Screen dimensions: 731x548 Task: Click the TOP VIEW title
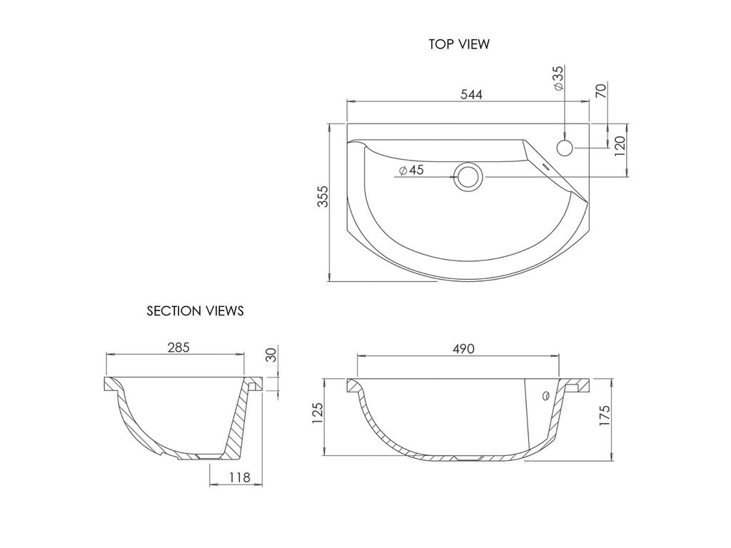[x=459, y=44]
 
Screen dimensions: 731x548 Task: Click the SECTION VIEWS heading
[x=196, y=311]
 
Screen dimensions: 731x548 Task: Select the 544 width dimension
[x=472, y=94]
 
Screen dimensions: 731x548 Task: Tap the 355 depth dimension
[x=323, y=197]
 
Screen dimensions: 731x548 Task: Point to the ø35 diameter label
[x=558, y=78]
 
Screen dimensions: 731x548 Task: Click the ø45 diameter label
[x=412, y=170]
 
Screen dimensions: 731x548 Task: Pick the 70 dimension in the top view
[x=601, y=91]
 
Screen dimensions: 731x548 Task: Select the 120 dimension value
[x=620, y=146]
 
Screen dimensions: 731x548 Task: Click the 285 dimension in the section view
[x=178, y=347]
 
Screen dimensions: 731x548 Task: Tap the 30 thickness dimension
[x=271, y=355]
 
